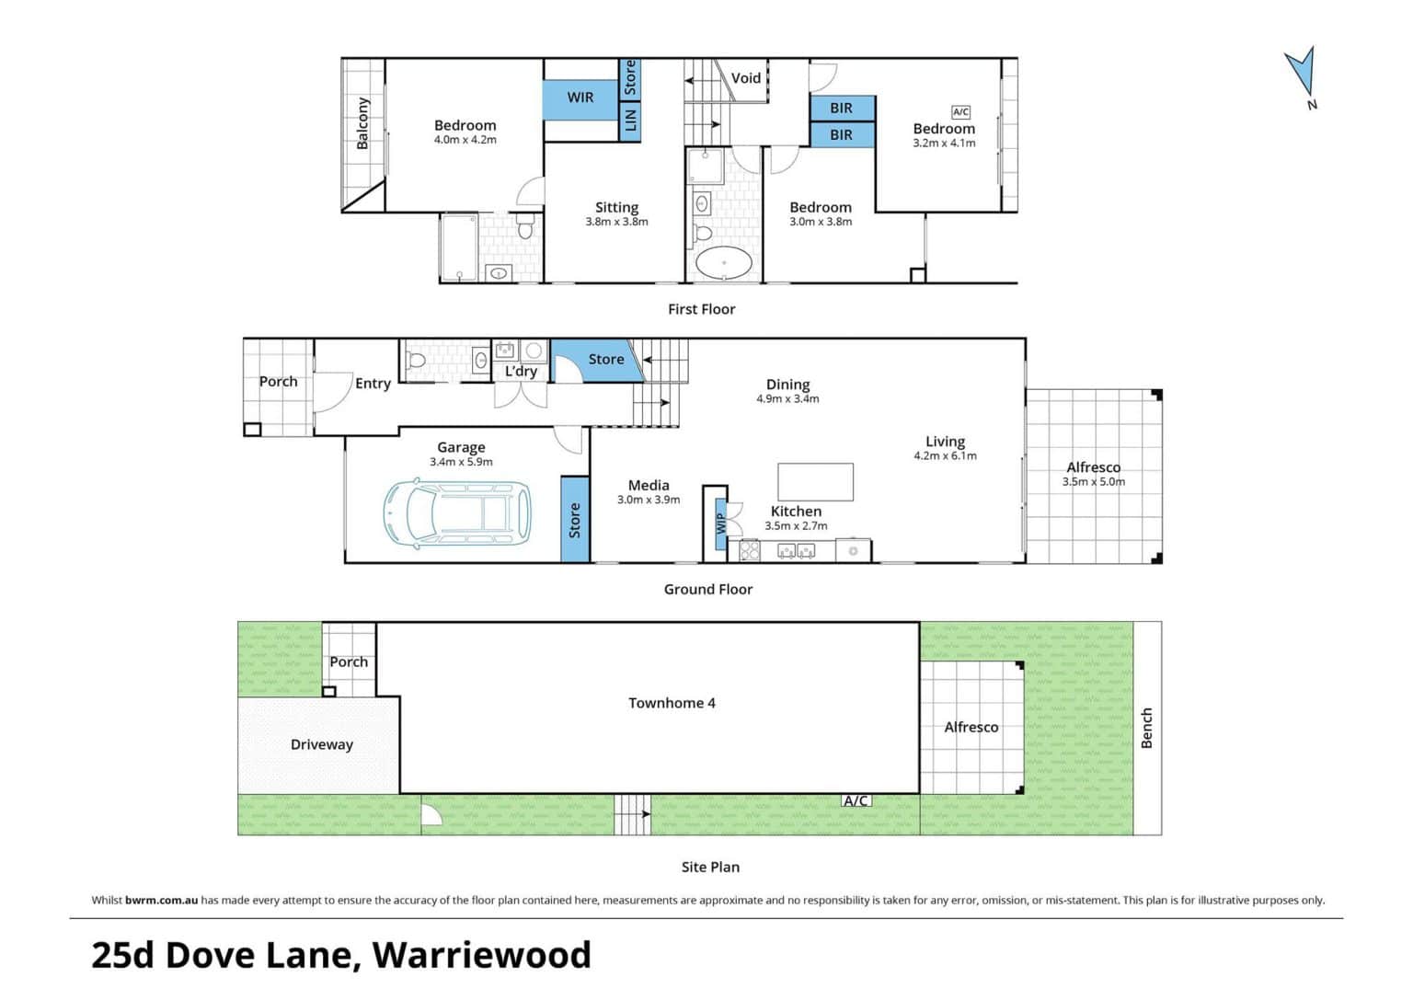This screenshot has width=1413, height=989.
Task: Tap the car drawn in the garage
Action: [x=457, y=512]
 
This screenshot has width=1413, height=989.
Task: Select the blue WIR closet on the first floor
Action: [x=580, y=99]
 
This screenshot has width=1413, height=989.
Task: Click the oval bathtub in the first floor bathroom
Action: [x=724, y=262]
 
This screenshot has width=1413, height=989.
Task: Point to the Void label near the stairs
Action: [x=746, y=78]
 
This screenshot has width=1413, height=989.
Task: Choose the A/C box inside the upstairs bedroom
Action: [x=960, y=112]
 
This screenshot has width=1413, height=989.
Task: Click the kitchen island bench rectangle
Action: [x=816, y=482]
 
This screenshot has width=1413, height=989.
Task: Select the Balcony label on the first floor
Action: [x=362, y=123]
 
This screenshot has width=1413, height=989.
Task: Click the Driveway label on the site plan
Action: [x=322, y=744]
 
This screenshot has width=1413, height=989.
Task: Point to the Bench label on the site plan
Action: [x=1147, y=729]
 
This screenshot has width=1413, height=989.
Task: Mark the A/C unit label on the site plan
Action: [x=856, y=800]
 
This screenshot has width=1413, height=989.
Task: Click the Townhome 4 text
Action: [x=672, y=703]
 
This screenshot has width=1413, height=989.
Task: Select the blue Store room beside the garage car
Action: [x=575, y=519]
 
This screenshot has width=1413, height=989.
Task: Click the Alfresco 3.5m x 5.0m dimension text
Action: [x=1094, y=482]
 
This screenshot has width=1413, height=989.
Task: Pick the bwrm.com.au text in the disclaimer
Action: [x=162, y=901]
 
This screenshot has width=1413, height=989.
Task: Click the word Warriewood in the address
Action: [x=482, y=955]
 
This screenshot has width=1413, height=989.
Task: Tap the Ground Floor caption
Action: [x=708, y=589]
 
